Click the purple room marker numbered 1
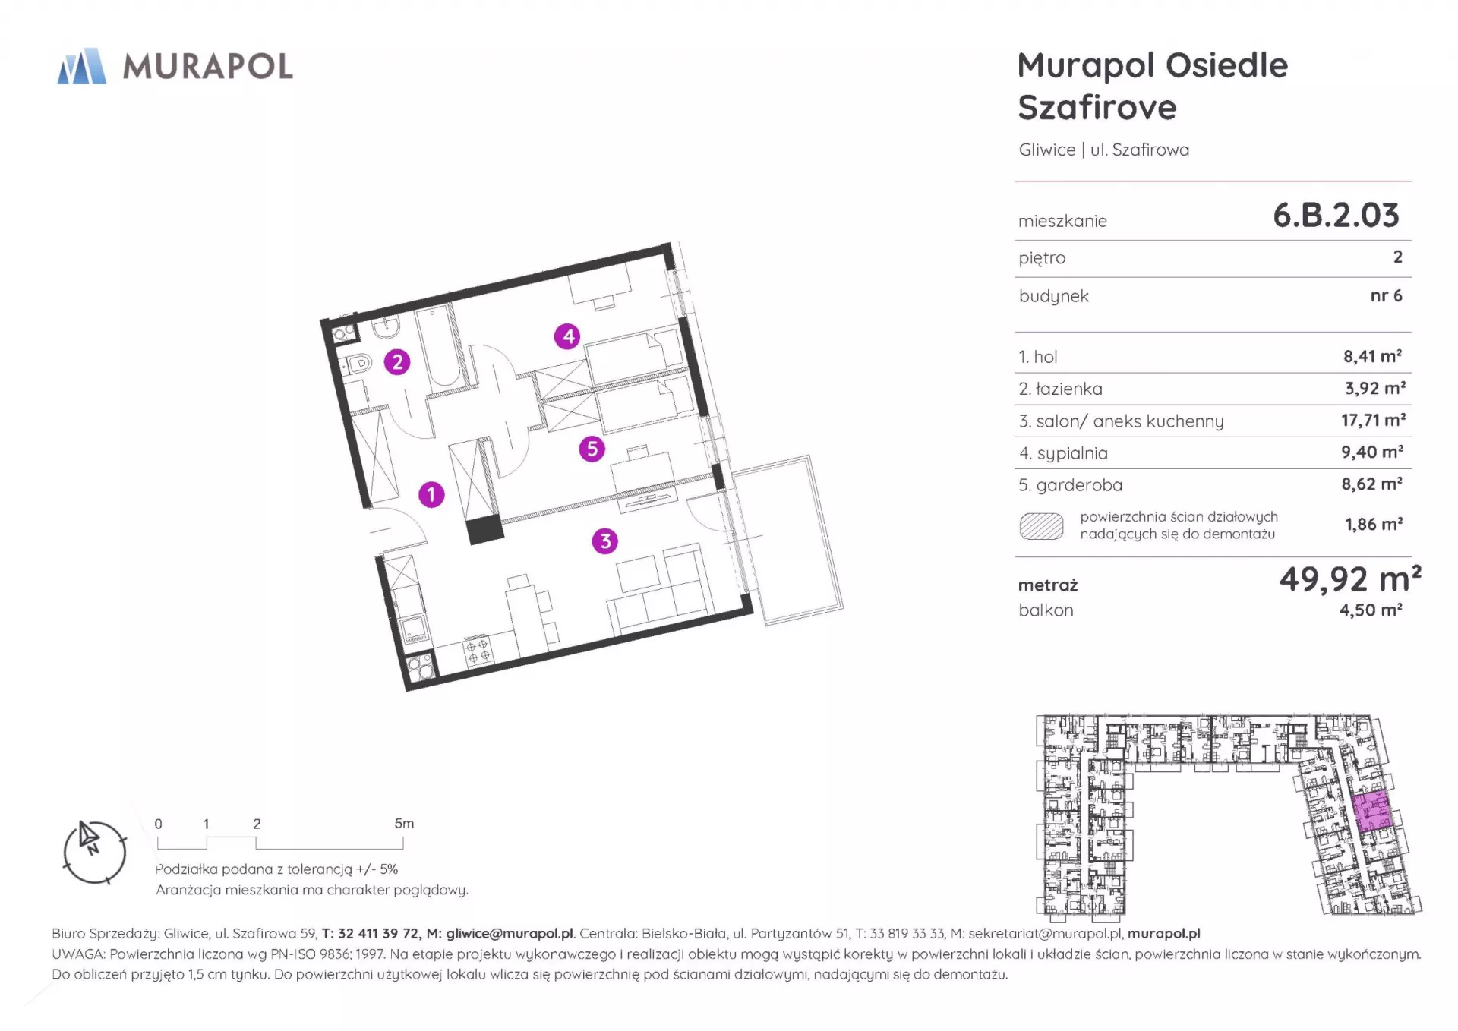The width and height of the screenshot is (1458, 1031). click(x=431, y=495)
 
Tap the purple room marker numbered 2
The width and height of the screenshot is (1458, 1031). click(x=397, y=362)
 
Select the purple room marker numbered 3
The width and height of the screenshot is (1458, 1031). click(x=605, y=541)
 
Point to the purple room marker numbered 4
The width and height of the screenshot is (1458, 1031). click(x=568, y=336)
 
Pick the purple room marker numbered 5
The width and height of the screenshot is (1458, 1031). click(x=592, y=449)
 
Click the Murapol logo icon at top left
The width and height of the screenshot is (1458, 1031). click(x=82, y=66)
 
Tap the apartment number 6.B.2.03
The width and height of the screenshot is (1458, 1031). click(x=1336, y=216)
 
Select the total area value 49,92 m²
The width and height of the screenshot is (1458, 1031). click(x=1350, y=579)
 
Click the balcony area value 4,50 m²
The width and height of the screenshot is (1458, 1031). click(x=1371, y=610)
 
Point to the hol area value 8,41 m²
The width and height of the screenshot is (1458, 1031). click(x=1372, y=356)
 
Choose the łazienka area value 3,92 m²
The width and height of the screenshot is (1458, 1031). click(x=1375, y=388)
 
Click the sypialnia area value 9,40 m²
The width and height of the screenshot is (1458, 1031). click(x=1372, y=452)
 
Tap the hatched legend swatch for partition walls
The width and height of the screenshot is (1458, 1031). click(x=1041, y=526)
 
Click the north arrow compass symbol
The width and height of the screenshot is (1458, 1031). click(x=94, y=852)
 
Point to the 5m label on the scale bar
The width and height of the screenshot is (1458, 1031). click(x=404, y=824)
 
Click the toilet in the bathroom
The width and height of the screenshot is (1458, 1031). click(x=356, y=364)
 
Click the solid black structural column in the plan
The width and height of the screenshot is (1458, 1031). click(x=484, y=529)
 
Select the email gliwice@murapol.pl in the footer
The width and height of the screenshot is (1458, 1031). click(x=510, y=934)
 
